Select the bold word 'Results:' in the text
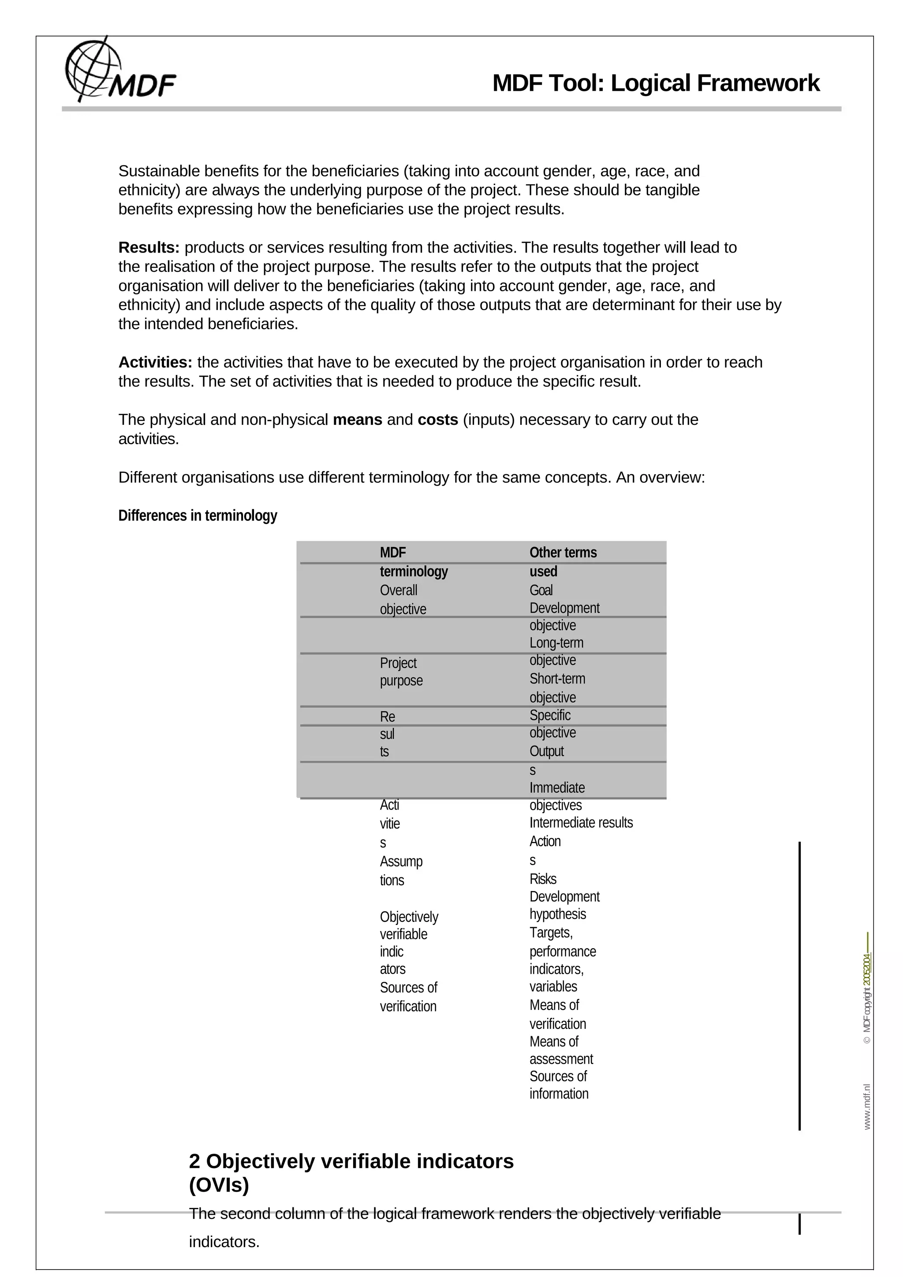pyautogui.click(x=149, y=248)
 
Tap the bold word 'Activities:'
pyautogui.click(x=155, y=362)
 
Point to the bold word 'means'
pyautogui.click(x=357, y=419)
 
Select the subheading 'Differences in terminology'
pyautogui.click(x=198, y=516)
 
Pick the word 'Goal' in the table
pyautogui.click(x=541, y=590)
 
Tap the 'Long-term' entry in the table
pyautogui.click(x=556, y=643)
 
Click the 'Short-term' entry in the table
pyautogui.click(x=557, y=679)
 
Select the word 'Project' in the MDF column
pyautogui.click(x=398, y=663)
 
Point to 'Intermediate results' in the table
pyautogui.click(x=581, y=823)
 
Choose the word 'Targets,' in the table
pyautogui.click(x=551, y=932)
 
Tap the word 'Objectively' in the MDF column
pyautogui.click(x=409, y=917)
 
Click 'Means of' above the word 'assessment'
pyautogui.click(x=554, y=1041)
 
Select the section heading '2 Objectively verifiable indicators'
pyautogui.click(x=351, y=1161)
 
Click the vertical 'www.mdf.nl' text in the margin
pyautogui.click(x=867, y=1107)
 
